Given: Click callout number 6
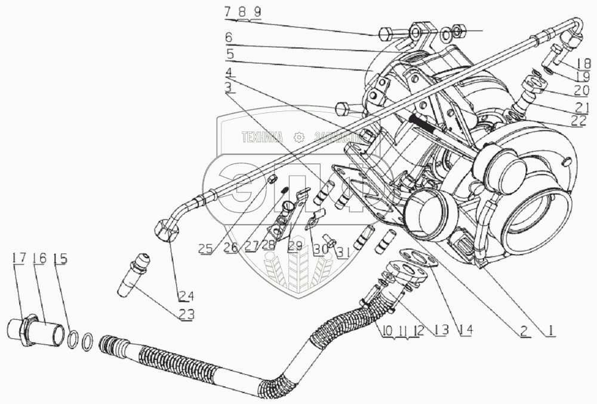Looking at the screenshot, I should coord(229,38).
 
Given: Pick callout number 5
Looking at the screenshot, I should coord(229,53).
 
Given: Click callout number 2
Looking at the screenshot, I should coord(524,328).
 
